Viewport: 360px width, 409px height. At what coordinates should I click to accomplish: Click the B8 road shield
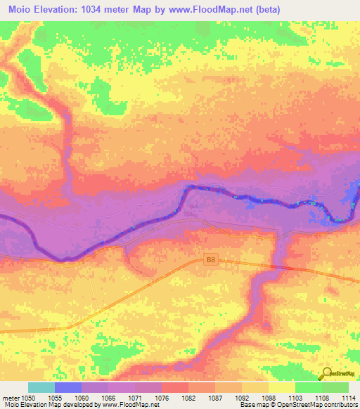click(x=210, y=260)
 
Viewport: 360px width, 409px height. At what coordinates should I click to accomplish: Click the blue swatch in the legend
click(x=68, y=387)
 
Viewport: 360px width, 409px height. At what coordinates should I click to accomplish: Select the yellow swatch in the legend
click(x=281, y=387)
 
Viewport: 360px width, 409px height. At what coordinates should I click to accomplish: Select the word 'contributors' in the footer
click(x=342, y=405)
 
